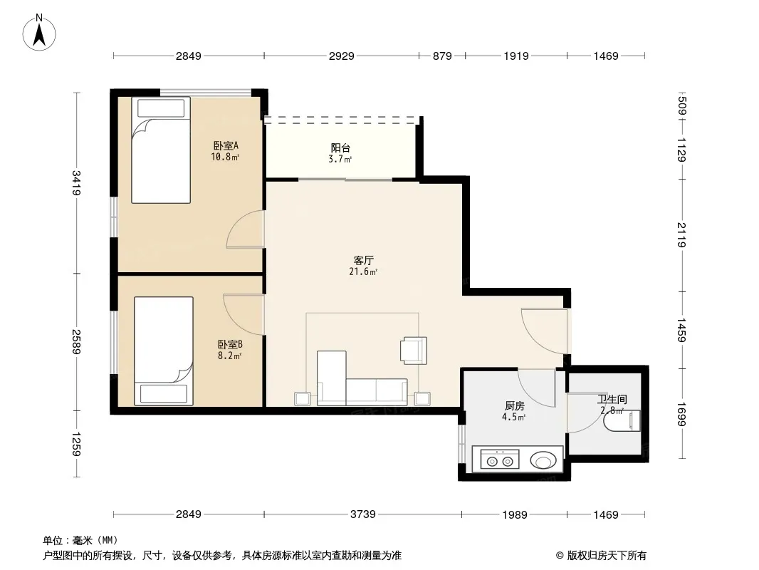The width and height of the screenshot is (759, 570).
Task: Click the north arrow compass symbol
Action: point(39,33)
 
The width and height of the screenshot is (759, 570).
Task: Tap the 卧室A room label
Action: point(226,145)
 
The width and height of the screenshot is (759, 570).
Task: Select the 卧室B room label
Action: point(230,344)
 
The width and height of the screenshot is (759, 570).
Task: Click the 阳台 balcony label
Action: point(340,147)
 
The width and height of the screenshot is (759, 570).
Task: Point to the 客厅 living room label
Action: point(364,261)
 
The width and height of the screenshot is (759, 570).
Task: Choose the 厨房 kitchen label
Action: point(514,406)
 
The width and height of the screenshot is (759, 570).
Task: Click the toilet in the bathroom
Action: point(622,420)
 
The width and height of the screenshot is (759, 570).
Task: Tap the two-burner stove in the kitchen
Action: point(500,459)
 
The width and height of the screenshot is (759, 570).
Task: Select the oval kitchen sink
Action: point(543,460)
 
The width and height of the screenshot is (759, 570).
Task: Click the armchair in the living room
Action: point(414,350)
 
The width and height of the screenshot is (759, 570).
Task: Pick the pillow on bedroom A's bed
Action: point(161,108)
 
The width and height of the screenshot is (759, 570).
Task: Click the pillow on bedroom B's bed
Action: point(164,393)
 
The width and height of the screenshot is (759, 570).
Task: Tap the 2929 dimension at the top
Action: point(341,56)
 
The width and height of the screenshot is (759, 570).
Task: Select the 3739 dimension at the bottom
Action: point(362,514)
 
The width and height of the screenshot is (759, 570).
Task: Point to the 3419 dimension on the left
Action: point(76,183)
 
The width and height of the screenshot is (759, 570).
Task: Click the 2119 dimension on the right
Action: point(681,234)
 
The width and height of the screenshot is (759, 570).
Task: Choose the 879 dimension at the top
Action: point(442,56)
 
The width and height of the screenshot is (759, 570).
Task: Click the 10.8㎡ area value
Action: point(225,157)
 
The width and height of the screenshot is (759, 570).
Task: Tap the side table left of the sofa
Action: point(303,398)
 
